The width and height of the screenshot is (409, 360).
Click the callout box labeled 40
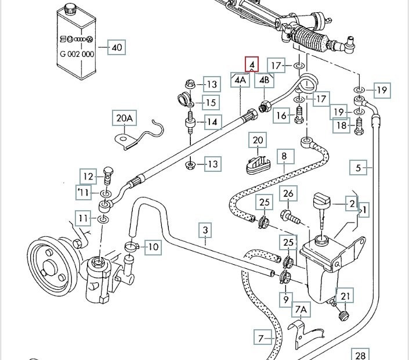pyautogui.click(x=117, y=48)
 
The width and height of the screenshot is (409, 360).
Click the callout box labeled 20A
pyautogui.click(x=124, y=119)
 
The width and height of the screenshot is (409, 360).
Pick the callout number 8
pyautogui.click(x=284, y=156)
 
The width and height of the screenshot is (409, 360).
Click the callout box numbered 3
pyautogui.click(x=205, y=231)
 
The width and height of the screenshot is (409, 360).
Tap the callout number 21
pyautogui.click(x=346, y=297)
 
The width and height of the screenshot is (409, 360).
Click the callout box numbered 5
pyautogui.click(x=359, y=168)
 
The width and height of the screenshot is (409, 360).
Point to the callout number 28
pyautogui.click(x=360, y=355)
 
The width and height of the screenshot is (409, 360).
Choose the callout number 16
pyautogui.click(x=281, y=116)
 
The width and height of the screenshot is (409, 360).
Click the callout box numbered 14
pyautogui.click(x=212, y=122)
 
